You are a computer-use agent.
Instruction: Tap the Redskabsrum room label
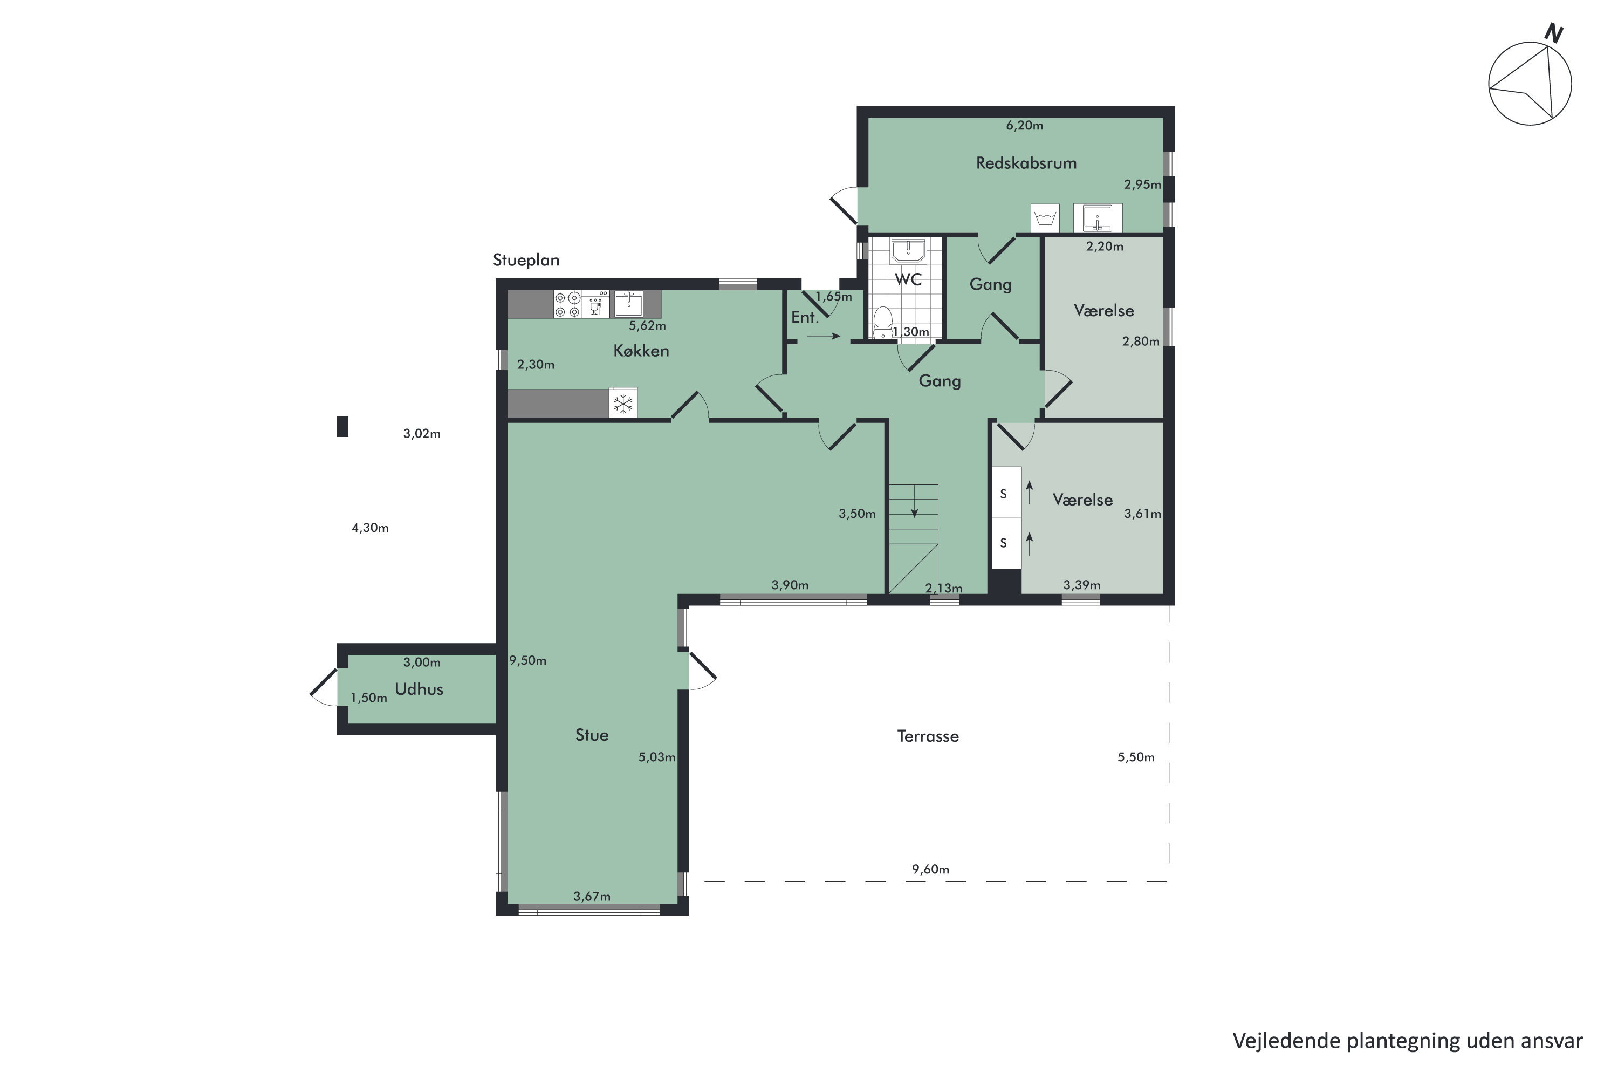coord(1026,163)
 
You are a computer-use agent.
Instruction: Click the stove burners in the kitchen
coord(567,304)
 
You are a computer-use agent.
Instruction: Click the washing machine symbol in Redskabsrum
coord(1045,218)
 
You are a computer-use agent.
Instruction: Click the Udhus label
coord(419,689)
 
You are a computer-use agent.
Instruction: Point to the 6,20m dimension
coord(1024,125)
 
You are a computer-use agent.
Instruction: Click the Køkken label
coord(641,351)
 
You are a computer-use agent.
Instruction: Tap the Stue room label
coord(592,735)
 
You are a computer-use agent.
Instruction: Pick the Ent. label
coord(804,317)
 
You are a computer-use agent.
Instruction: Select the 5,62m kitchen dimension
coord(647,325)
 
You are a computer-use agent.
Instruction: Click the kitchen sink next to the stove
coord(628,303)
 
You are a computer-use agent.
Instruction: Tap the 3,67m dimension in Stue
coord(592,896)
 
